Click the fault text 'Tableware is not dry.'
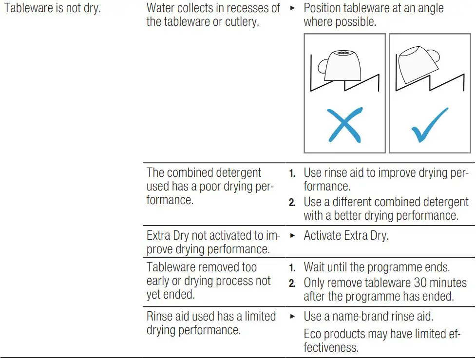pyautogui.click(x=52, y=8)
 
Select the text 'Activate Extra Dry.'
pyautogui.click(x=346, y=236)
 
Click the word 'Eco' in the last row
pyautogui.click(x=313, y=334)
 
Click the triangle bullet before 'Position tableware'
pyautogui.click(x=292, y=9)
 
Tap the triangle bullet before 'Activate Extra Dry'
pyautogui.click(x=292, y=236)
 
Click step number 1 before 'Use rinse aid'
pyautogui.click(x=292, y=174)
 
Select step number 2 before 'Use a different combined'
pyautogui.click(x=292, y=203)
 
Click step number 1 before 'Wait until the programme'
pyautogui.click(x=292, y=268)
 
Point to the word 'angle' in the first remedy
pyautogui.click(x=428, y=8)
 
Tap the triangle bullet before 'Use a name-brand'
pyautogui.click(x=292, y=317)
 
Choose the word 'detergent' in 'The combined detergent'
pyautogui.click(x=237, y=173)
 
